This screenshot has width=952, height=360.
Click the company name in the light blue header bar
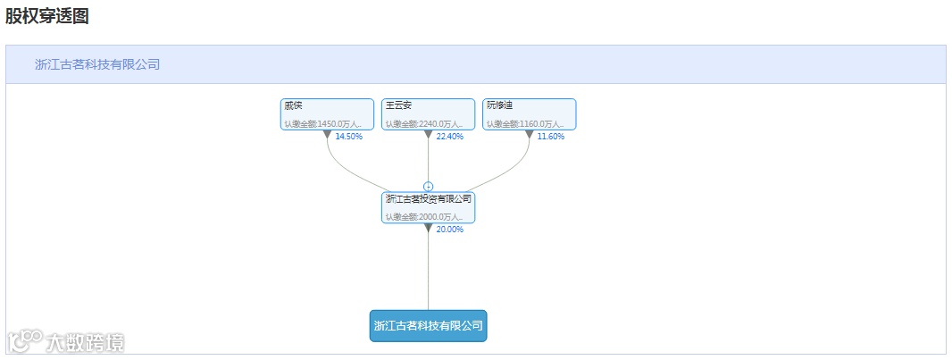[x=97, y=64]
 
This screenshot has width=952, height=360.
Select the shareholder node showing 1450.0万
[x=327, y=113]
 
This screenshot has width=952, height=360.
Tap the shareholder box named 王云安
[x=428, y=113]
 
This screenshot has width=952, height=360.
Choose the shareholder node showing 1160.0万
[x=529, y=113]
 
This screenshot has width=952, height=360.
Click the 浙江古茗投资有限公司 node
[x=428, y=206]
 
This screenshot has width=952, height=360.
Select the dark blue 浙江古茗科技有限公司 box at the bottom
[x=428, y=325]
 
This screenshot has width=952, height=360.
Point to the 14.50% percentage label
[x=349, y=137]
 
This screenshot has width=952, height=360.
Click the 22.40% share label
[x=450, y=137]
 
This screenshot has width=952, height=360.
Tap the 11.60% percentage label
[x=551, y=137]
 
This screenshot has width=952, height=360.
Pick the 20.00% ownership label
[x=450, y=230]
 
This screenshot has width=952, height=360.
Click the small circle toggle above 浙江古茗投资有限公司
[x=428, y=186]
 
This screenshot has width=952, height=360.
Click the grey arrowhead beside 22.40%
[x=428, y=135]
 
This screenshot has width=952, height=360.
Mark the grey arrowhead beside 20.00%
[x=428, y=228]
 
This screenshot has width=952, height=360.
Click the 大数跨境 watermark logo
[x=66, y=341]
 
